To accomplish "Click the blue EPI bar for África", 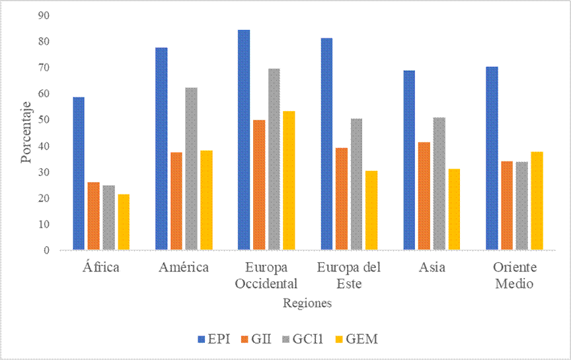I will pyautogui.click(x=79, y=173).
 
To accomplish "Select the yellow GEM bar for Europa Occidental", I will pyautogui.click(x=289, y=181).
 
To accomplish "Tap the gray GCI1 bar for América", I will pyautogui.click(x=191, y=169).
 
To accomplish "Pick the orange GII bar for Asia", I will pyautogui.click(x=424, y=196).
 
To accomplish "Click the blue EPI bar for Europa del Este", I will pyautogui.click(x=326, y=144).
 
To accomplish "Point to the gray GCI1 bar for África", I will pyautogui.click(x=108, y=218).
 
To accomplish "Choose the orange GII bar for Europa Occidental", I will pyautogui.click(x=259, y=185).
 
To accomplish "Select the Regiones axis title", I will pyautogui.click(x=307, y=303).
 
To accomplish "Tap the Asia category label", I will pyautogui.click(x=432, y=268).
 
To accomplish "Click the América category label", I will pyautogui.click(x=184, y=268).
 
